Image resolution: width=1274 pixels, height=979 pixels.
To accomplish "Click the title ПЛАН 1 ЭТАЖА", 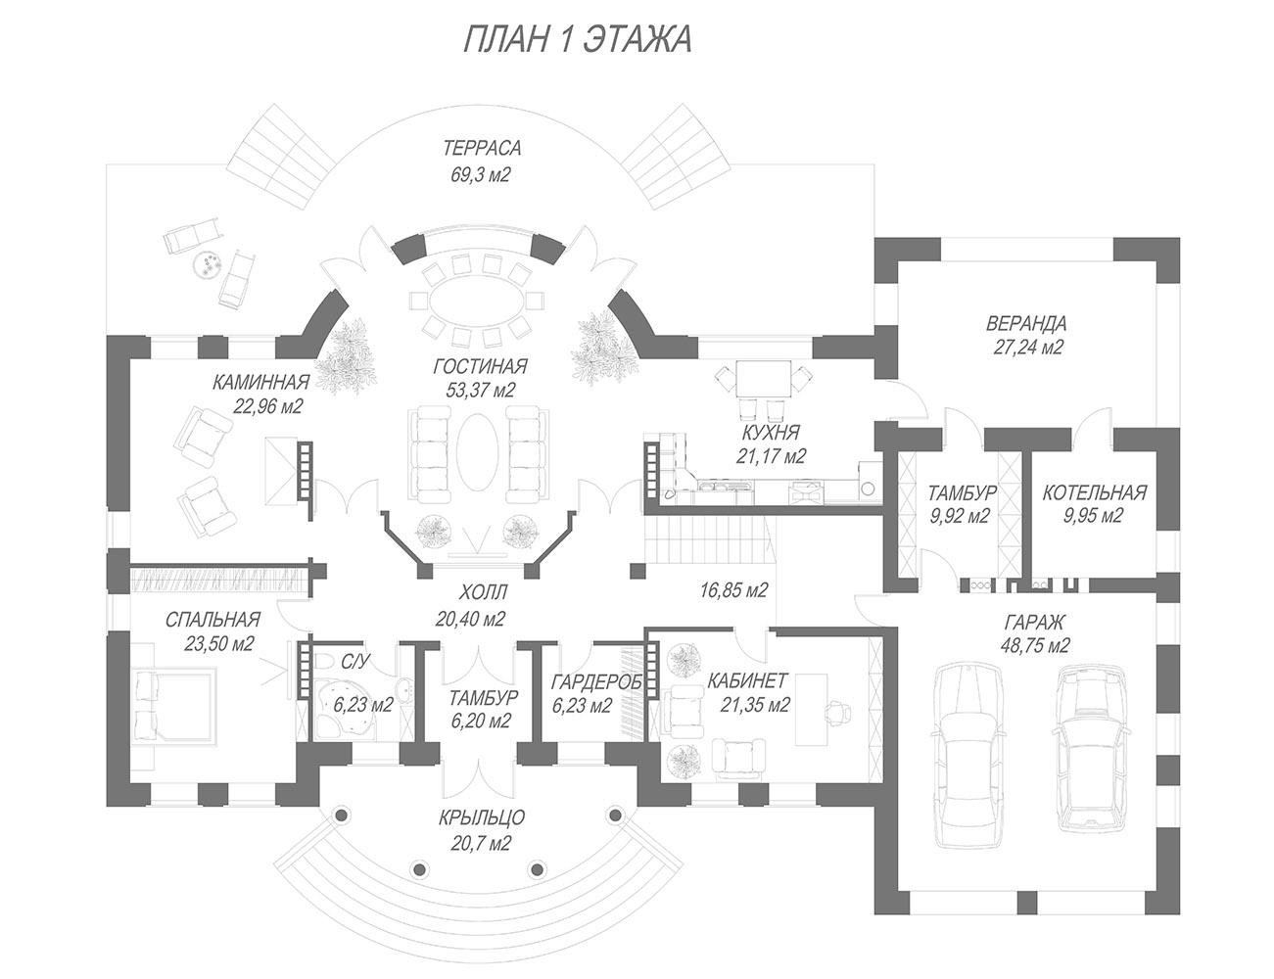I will click(576, 40).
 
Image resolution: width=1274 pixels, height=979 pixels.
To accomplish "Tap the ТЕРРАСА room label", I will click(481, 149).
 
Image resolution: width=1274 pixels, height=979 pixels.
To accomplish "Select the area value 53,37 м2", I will click(480, 390).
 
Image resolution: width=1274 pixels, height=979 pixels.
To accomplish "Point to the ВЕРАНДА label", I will click(1026, 323).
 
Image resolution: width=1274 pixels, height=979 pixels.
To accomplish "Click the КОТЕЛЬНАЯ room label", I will click(1093, 492).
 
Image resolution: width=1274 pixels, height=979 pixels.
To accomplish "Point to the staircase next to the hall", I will click(706, 542).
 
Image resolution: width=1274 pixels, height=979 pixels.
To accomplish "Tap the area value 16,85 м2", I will click(733, 589).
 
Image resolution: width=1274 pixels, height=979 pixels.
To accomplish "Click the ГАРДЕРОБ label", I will click(596, 681).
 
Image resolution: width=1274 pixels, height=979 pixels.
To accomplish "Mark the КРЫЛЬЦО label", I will click(480, 818).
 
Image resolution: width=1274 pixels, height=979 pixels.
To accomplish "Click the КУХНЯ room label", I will click(770, 432).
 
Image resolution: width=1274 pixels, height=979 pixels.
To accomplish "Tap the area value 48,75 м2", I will click(1034, 645).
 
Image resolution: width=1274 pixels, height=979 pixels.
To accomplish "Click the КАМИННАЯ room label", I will click(261, 382).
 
